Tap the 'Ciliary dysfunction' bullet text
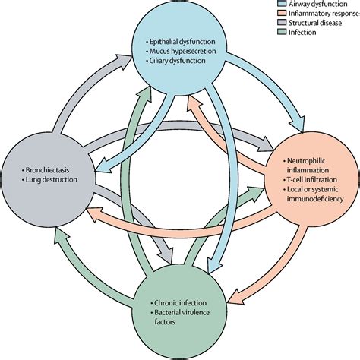pos(179,62)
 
